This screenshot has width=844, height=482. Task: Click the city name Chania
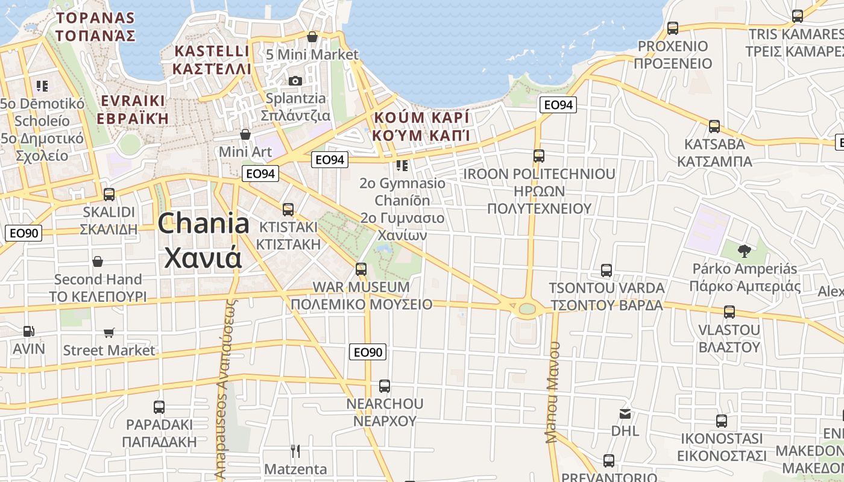(204, 224)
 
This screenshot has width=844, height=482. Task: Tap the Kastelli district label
(211, 59)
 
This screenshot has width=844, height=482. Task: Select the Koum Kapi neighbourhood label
(421, 126)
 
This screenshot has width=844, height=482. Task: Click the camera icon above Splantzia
(295, 81)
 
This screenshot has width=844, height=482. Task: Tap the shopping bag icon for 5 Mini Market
(312, 37)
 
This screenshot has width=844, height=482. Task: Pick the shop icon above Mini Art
(245, 134)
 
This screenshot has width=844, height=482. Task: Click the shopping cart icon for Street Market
(109, 333)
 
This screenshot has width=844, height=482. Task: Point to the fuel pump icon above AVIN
(28, 331)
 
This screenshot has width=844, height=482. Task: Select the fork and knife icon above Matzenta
(295, 451)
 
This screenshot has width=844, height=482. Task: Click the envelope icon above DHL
(625, 414)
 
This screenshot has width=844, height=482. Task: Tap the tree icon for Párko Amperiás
(745, 251)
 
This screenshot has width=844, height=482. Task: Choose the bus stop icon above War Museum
(361, 269)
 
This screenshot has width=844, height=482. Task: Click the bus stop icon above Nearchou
(385, 386)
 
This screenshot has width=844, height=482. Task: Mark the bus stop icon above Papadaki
(159, 407)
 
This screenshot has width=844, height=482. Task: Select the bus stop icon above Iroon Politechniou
(539, 156)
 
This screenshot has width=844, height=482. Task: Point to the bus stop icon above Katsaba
(714, 127)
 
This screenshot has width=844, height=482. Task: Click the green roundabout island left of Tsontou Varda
(527, 309)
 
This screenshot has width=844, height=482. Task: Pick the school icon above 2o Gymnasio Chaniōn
(402, 165)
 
